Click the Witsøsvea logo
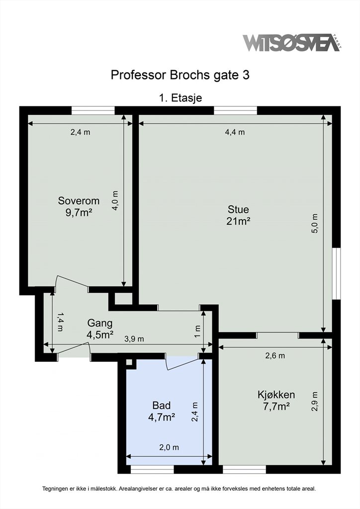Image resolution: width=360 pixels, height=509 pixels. tap(292, 43)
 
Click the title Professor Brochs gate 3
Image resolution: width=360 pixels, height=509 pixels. tap(180, 75)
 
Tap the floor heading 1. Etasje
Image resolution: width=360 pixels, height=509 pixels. tap(180, 98)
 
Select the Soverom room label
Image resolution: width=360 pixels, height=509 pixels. tap(79, 201)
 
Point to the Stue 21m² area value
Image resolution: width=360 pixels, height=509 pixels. tap(238, 221)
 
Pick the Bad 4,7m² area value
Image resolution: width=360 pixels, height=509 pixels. tap(162, 417)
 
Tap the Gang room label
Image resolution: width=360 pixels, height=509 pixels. tap(100, 323)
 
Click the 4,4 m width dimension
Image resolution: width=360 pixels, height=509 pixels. tap(235, 132)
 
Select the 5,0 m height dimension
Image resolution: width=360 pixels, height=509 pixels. tap(315, 224)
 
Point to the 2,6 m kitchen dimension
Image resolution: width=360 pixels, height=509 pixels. tap(275, 355)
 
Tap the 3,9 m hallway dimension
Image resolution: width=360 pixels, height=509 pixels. tap(134, 339)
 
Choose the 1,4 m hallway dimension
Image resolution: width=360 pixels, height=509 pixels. tap(60, 322)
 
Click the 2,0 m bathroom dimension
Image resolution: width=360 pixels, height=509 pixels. tap(169, 447)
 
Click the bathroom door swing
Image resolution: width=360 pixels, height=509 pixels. tap(182, 364)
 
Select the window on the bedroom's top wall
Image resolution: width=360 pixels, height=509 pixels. tap(93, 110)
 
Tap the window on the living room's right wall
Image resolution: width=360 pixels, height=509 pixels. tap(337, 273)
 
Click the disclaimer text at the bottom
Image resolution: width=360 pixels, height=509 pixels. tap(179, 489)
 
